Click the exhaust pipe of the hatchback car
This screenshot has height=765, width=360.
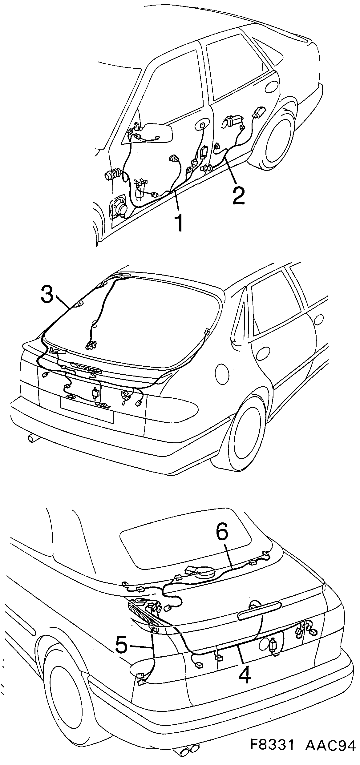tap(32, 438)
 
